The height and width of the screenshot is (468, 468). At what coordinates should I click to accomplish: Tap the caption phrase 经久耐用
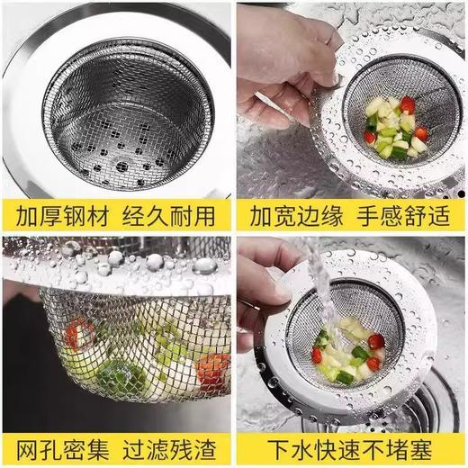(171, 216)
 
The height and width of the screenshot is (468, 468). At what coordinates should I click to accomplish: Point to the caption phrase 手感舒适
(404, 216)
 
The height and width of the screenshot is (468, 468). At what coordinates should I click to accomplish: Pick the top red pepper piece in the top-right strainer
(407, 105)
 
